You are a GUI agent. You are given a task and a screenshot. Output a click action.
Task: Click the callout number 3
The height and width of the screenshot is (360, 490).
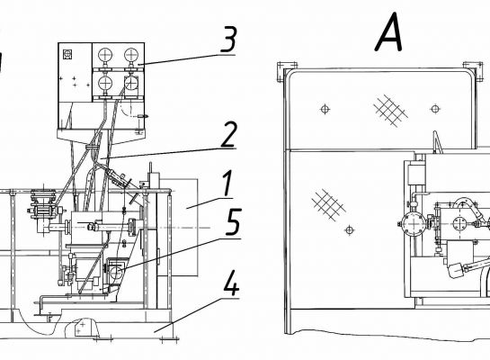coord(228,40)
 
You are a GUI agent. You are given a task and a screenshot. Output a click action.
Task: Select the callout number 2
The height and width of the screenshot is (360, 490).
coord(228,134)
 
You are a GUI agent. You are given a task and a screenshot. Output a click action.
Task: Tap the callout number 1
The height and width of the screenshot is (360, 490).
coord(227,184)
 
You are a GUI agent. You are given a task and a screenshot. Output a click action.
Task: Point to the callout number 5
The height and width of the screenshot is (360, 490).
coord(234,221)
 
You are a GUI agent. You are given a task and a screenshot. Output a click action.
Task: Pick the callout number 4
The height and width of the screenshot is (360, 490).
coord(230,283)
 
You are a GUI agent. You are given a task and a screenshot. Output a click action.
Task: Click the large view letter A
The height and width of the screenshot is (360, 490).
coord(388,31)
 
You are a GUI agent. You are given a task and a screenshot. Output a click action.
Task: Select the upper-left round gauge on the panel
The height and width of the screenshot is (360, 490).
coord(105,56)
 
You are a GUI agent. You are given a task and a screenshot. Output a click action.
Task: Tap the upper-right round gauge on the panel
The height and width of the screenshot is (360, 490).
coord(131,56)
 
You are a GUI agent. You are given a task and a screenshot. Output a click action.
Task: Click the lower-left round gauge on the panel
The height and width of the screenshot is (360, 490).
coord(105,83)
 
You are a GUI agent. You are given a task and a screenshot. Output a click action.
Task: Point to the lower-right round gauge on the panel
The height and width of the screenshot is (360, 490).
coord(131,83)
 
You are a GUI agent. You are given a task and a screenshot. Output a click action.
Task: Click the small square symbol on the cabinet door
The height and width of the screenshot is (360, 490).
coord(67,54)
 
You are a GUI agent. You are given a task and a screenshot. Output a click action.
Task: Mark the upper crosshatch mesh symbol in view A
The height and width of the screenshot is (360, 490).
coord(390,111)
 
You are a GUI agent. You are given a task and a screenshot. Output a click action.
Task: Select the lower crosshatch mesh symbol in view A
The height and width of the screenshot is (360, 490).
coord(329,204)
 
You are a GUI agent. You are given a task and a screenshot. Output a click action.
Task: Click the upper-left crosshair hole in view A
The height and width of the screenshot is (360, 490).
coord(325,109)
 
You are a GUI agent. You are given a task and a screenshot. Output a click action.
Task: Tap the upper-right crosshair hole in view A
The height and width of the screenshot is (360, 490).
coord(435,109)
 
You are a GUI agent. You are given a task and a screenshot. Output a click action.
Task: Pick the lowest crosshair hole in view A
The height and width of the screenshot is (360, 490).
coord(350,230)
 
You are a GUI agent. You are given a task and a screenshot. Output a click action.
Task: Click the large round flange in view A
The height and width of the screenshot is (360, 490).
coord(414,224)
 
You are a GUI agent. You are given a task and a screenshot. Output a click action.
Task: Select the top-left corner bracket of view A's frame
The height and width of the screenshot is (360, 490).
coord(287,72)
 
